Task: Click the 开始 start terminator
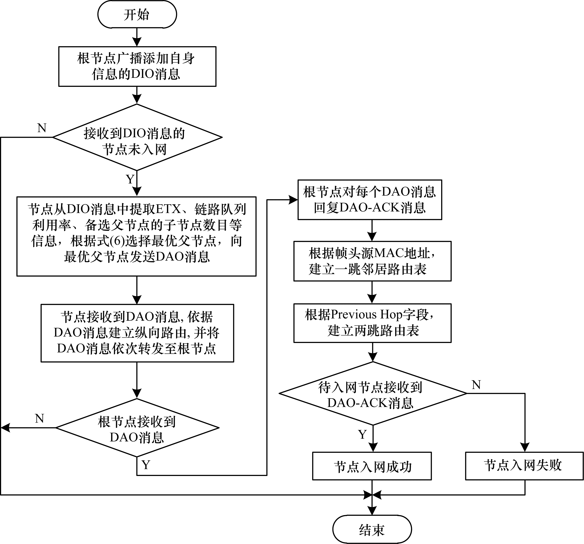137,15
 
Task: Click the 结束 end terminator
372,529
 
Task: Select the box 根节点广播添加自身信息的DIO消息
137,66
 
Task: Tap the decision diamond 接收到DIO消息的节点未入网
137,137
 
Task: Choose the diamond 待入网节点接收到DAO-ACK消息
372,393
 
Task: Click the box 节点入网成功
372,466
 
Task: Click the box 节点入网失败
524,465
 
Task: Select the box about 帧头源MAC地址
372,261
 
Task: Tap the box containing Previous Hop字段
372,323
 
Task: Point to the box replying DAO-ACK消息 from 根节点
370,200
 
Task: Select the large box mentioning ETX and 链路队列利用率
136,236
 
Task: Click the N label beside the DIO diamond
42,128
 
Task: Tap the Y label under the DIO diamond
130,179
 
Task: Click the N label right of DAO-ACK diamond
476,385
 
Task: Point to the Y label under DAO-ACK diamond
362,434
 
